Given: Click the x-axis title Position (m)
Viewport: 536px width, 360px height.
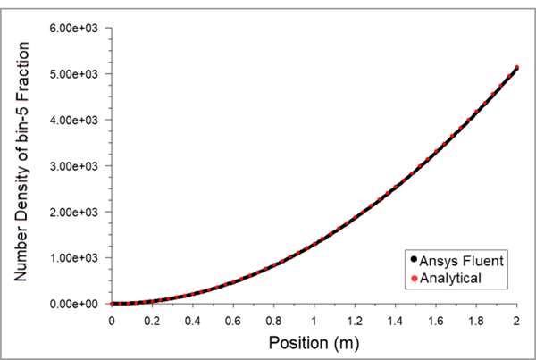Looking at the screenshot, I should (x=314, y=342).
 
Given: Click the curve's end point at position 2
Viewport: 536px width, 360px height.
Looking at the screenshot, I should (x=516, y=68).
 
